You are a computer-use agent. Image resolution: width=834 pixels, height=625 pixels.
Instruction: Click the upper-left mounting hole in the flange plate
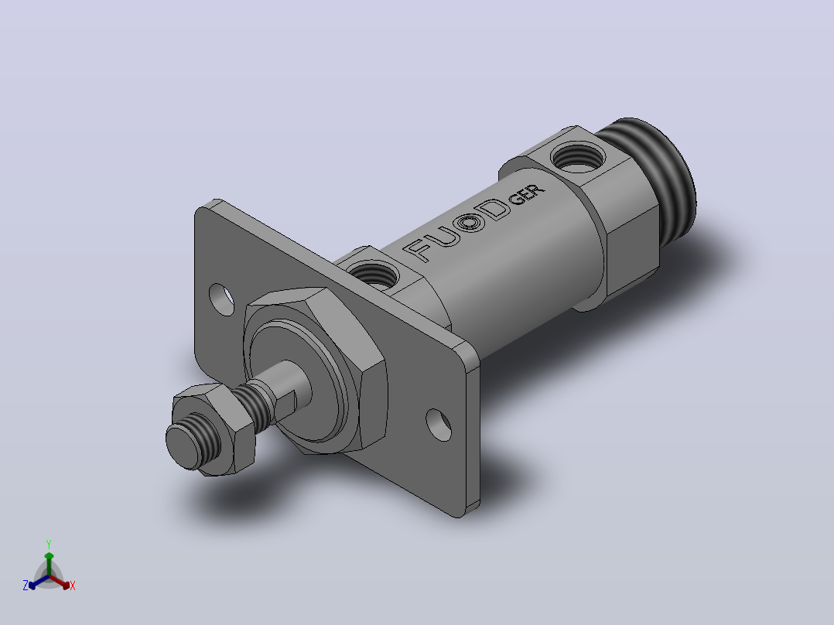coord(221,299)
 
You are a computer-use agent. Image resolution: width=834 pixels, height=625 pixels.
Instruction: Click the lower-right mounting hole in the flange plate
coord(439,425)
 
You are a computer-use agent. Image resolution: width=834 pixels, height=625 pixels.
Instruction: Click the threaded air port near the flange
coord(374,275)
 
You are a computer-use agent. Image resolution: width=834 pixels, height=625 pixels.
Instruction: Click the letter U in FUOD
coord(445,235)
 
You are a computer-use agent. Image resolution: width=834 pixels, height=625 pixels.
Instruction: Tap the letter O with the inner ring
coord(470,222)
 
